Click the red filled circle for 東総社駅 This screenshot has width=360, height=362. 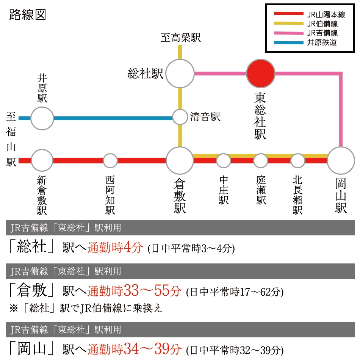point(261,74)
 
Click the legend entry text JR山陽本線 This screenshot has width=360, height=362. point(326,15)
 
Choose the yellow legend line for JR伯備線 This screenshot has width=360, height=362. point(288,24)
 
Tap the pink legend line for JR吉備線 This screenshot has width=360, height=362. point(288,33)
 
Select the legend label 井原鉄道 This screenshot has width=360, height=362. point(322,42)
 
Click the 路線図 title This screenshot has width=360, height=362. point(28,15)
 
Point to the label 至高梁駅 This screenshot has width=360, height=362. point(181,38)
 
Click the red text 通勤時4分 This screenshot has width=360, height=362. point(115,248)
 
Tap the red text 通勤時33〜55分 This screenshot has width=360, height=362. point(135,291)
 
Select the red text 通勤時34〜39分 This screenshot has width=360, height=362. point(135,349)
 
